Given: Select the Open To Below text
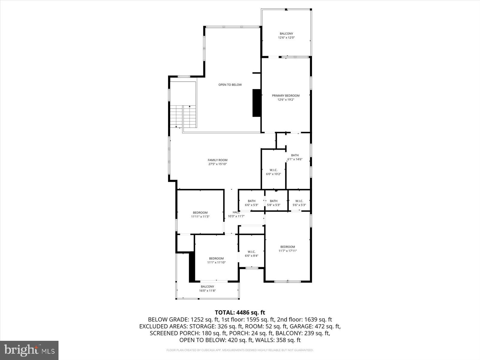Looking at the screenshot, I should click(230, 85).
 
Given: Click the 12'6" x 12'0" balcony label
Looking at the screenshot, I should click(286, 35).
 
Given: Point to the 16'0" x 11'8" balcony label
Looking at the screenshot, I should click(207, 288).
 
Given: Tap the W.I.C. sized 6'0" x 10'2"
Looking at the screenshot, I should click(273, 172).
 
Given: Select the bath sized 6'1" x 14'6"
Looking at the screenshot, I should click(295, 157).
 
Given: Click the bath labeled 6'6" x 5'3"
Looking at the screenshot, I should click(251, 203).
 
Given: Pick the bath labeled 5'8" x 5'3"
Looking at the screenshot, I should click(274, 203).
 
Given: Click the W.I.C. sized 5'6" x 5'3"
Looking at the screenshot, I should click(299, 203).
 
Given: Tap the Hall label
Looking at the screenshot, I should click(236, 214).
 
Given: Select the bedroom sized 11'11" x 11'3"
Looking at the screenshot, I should click(200, 214).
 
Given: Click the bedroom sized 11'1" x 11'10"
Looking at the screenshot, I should click(216, 260).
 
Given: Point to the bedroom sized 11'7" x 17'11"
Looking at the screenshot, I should click(287, 249).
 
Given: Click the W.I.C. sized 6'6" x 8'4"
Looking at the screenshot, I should click(251, 253).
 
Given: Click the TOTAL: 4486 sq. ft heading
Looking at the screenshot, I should click(240, 313).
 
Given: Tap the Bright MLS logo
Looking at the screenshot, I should click(29, 350).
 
